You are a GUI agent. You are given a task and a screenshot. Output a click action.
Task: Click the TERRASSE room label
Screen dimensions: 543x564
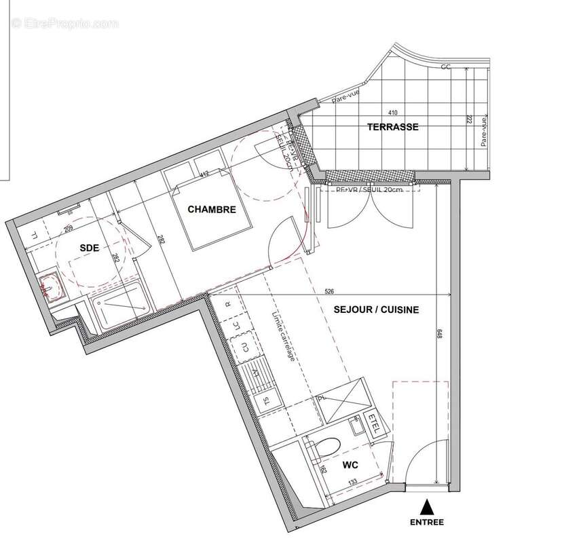point(392,127)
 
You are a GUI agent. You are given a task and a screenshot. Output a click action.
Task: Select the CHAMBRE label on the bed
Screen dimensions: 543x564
point(212,210)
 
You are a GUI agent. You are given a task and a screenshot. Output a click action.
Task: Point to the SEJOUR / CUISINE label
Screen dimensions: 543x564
point(376,310)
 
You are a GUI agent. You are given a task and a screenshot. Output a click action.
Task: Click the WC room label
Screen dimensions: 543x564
point(350,466)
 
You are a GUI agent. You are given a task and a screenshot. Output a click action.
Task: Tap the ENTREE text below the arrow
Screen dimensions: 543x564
point(427,522)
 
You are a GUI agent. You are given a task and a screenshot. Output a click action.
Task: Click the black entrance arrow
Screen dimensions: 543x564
point(427,506)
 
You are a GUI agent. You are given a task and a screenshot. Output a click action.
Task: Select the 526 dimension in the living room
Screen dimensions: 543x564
point(329,292)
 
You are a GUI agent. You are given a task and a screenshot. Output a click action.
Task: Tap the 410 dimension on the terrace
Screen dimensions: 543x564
point(392,113)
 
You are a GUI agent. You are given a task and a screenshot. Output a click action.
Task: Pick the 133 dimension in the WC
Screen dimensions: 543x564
point(354,482)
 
